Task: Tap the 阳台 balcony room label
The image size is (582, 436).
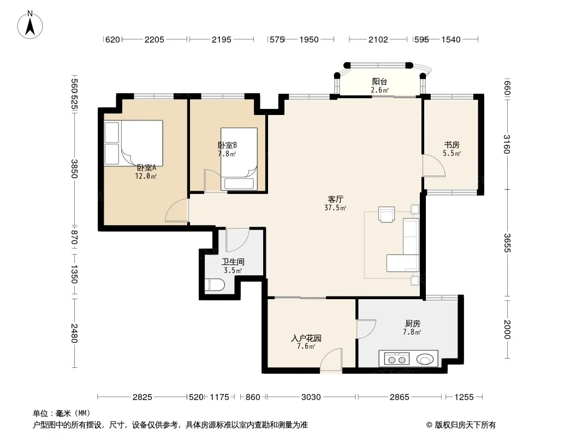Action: (x=379, y=82)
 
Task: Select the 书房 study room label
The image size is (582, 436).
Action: (x=452, y=145)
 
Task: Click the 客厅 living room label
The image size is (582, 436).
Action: (x=336, y=199)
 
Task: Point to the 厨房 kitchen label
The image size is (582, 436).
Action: (x=412, y=324)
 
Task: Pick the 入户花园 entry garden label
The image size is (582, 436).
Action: (x=306, y=338)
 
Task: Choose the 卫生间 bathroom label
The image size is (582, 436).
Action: (x=233, y=262)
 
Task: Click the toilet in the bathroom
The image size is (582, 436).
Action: (x=215, y=285)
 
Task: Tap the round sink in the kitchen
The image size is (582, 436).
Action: (x=425, y=359)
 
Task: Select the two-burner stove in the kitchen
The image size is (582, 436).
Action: (x=397, y=359)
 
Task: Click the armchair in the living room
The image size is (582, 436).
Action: (x=387, y=214)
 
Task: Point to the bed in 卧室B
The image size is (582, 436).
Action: (x=239, y=159)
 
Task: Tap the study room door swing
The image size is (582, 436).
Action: (x=434, y=166)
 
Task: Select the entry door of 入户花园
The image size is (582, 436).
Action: (x=331, y=359)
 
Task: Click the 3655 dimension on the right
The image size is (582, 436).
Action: (x=507, y=243)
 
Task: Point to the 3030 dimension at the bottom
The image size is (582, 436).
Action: (x=311, y=397)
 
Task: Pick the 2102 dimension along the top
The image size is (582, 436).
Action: (x=378, y=39)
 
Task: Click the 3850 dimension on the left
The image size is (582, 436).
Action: (x=74, y=168)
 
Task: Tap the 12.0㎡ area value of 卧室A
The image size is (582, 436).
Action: (x=146, y=177)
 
